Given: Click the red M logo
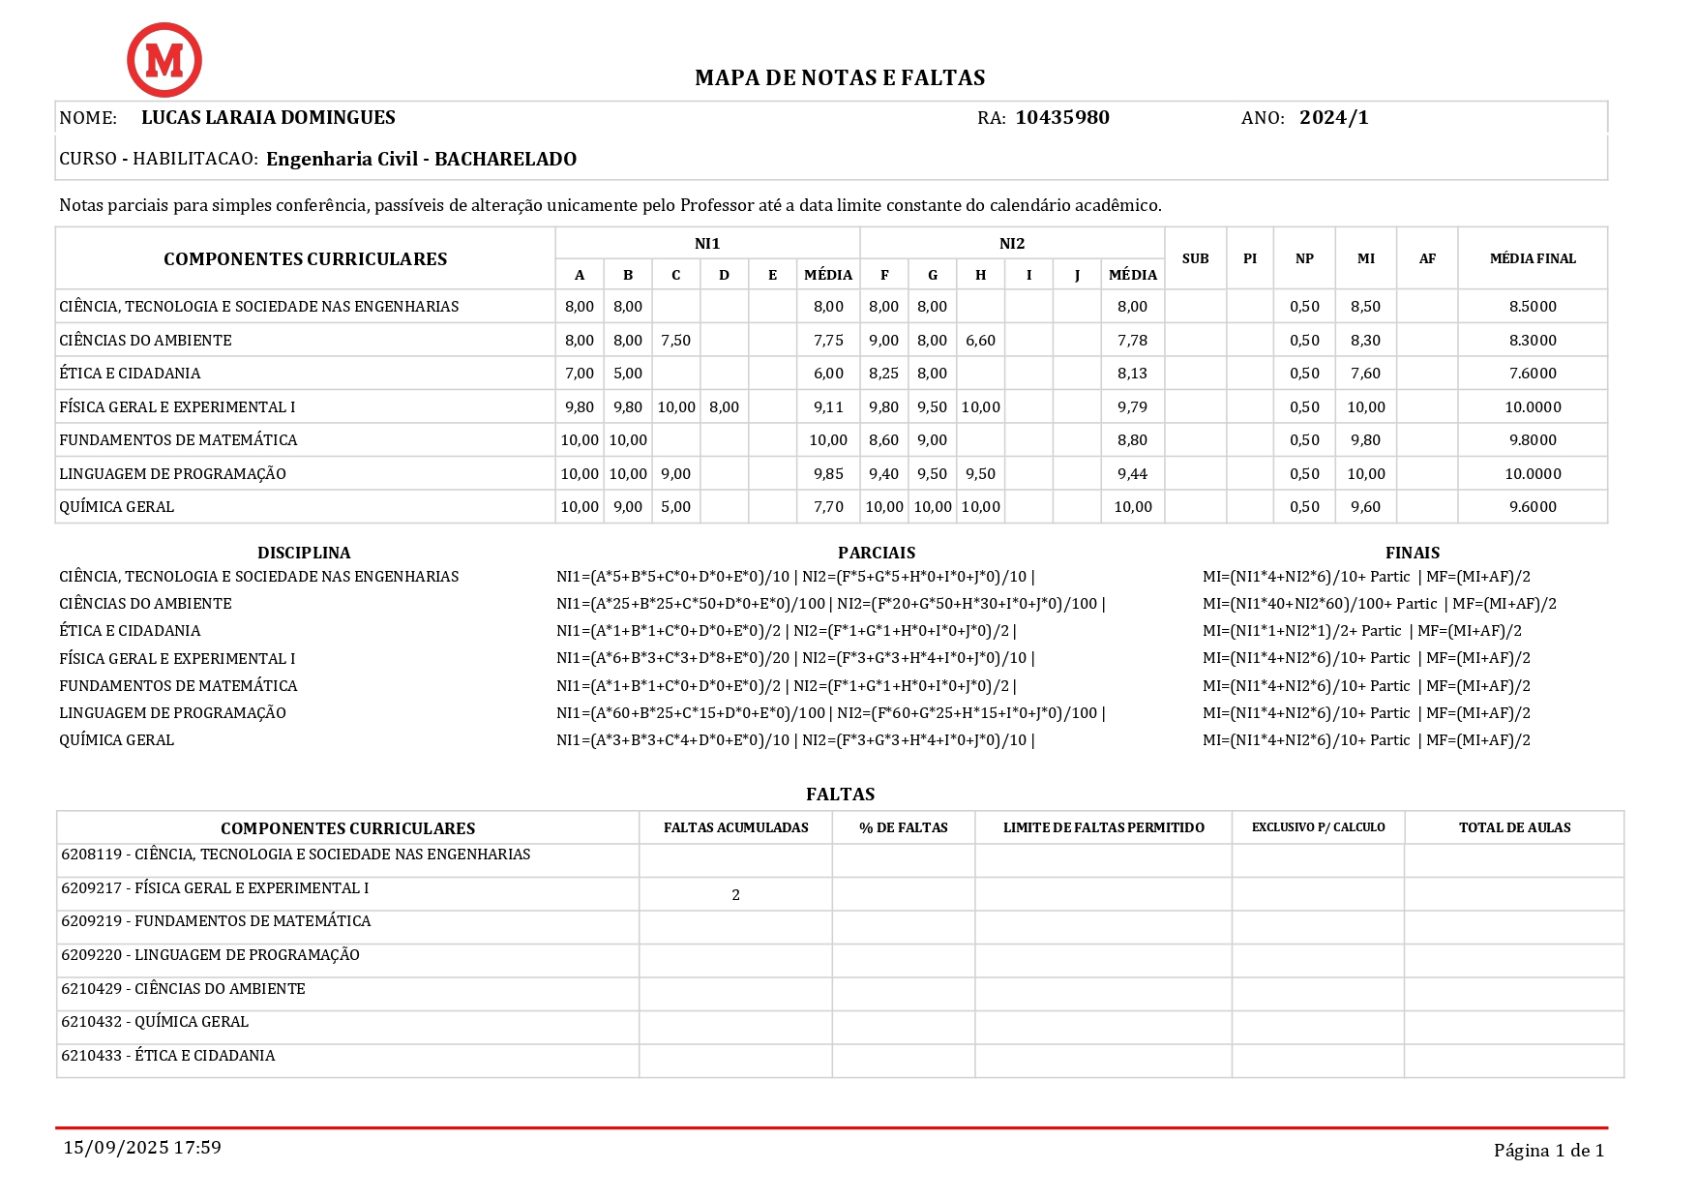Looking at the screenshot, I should (x=164, y=60).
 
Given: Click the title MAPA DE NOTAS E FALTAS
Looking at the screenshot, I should (x=840, y=78).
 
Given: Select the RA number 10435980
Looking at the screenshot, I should (x=1061, y=118).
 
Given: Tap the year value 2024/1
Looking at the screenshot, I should (x=1333, y=118).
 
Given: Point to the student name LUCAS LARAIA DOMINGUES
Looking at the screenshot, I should (x=268, y=118).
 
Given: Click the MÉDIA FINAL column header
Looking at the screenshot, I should (x=1532, y=258).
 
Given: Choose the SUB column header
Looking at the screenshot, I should (x=1195, y=258).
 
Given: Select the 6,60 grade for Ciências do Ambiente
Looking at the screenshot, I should (x=980, y=341).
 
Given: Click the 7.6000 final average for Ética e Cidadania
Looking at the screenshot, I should (x=1533, y=374).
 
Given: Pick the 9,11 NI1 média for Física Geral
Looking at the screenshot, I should (x=828, y=407).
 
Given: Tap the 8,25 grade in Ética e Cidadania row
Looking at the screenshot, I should (x=883, y=374).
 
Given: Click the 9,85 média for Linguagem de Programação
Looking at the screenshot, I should (x=828, y=474).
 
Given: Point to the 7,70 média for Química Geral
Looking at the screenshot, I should (x=828, y=507).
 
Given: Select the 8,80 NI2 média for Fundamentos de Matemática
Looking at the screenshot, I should (x=1132, y=440).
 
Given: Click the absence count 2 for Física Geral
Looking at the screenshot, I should (x=735, y=895).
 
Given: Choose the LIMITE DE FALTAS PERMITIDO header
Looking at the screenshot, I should (x=1103, y=827).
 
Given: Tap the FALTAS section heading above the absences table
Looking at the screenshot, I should (x=840, y=795).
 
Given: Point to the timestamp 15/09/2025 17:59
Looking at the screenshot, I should (x=142, y=1148).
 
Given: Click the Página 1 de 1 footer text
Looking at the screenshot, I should (x=1548, y=1151).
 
